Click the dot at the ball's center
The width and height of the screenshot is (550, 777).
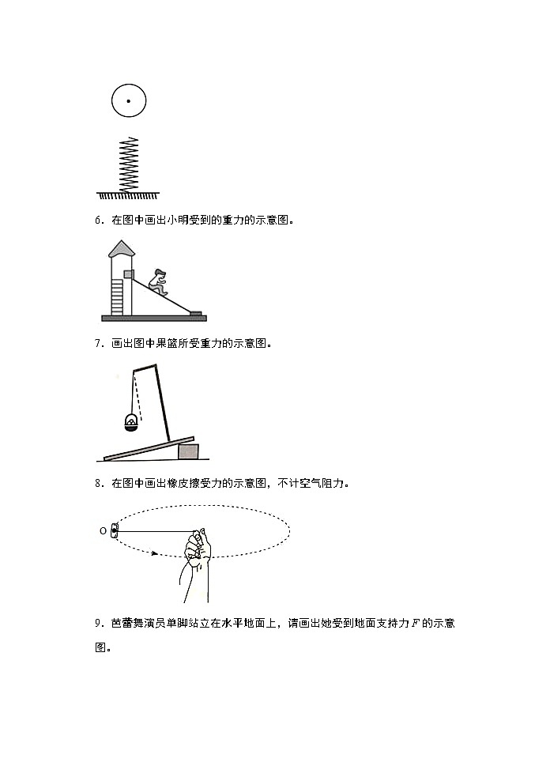128,101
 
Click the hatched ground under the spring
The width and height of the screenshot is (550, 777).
128,194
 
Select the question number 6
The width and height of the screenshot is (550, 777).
98,221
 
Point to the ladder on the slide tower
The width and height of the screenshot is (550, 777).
117,297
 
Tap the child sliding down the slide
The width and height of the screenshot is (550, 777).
159,281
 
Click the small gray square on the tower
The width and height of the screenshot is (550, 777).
129,273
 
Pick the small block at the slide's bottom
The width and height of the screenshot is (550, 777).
195,312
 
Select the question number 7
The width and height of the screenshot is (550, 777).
98,343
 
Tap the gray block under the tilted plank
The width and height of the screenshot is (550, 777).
188,451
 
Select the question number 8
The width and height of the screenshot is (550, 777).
98,482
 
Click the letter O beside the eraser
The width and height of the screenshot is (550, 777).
103,531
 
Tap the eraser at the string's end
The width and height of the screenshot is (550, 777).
115,531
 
